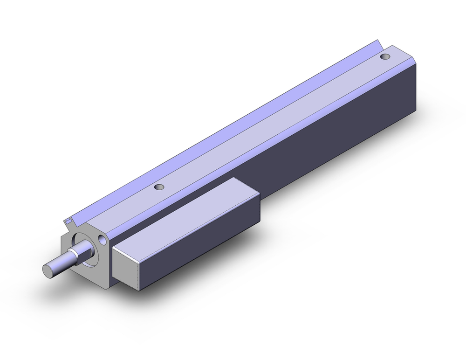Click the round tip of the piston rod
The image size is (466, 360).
click(48, 270)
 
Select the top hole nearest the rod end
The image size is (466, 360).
click(159, 187)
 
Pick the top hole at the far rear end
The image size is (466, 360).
click(384, 56)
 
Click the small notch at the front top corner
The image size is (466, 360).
click(69, 219)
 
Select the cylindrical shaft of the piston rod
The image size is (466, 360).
click(61, 264)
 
